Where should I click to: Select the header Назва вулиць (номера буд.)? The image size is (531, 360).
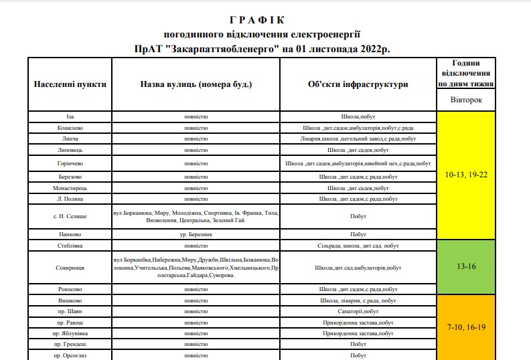click(196, 84)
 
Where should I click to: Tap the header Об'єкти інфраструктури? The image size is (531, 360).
click(358, 84)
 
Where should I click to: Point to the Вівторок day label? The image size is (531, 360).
click(466, 100)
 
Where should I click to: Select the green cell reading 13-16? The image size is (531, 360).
click(466, 266)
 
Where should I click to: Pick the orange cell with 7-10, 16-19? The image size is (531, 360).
click(466, 328)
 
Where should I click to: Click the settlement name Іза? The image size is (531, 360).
click(70, 116)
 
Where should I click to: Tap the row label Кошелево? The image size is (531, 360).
click(70, 128)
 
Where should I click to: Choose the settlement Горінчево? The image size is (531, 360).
click(70, 163)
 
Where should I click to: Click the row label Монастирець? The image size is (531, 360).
click(70, 188)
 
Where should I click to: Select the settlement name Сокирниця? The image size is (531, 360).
click(70, 268)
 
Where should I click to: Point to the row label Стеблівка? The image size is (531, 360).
click(70, 246)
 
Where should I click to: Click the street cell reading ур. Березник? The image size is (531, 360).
click(196, 234)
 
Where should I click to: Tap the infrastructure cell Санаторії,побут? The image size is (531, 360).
click(358, 312)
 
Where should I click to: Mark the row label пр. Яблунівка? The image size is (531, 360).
click(70, 333)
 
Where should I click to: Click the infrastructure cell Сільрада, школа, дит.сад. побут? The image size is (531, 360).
click(358, 246)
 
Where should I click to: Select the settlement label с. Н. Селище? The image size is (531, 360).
click(70, 217)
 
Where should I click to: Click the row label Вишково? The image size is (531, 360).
click(70, 301)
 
